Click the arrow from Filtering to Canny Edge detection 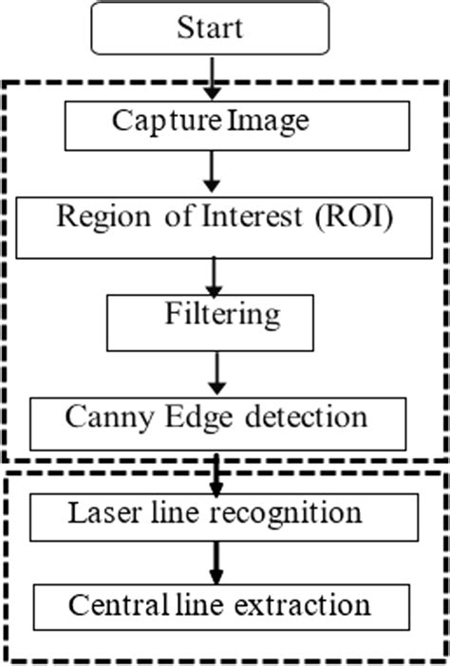coord(217,374)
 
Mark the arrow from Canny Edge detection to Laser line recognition coord(217,471)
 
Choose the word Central coord(107,604)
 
